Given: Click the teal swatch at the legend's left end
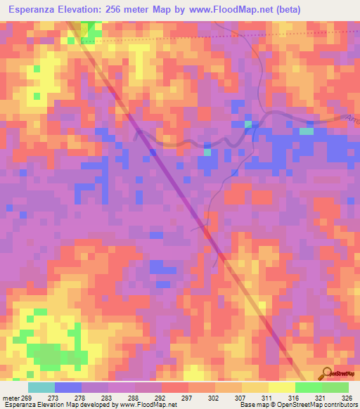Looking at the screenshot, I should tap(41, 387).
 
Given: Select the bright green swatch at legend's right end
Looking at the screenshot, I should tap(335, 387).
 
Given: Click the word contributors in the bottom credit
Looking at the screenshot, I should tap(340, 405).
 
